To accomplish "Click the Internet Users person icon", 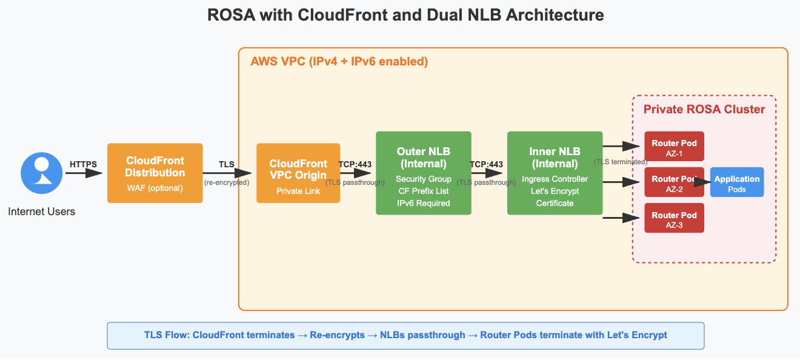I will click(42, 173).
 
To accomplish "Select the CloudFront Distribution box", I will click(155, 173).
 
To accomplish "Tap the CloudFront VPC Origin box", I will click(298, 173).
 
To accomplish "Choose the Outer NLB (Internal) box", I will click(423, 173).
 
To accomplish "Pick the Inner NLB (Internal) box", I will click(555, 173).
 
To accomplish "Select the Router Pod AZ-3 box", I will click(674, 219).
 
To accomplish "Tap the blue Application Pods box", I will click(736, 183).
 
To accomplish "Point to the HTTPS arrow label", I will click(83, 164).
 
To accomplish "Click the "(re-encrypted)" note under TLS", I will click(227, 182).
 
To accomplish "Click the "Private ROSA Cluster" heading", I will click(704, 110).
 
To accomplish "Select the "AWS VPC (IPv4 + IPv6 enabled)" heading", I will click(339, 62).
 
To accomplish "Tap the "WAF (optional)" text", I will click(155, 188).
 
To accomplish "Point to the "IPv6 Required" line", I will click(423, 203).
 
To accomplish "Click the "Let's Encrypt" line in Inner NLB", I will click(555, 191).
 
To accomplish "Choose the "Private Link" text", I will click(298, 191).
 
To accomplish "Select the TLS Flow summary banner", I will click(405, 335).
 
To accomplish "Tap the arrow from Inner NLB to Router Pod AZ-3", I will click(621, 218).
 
